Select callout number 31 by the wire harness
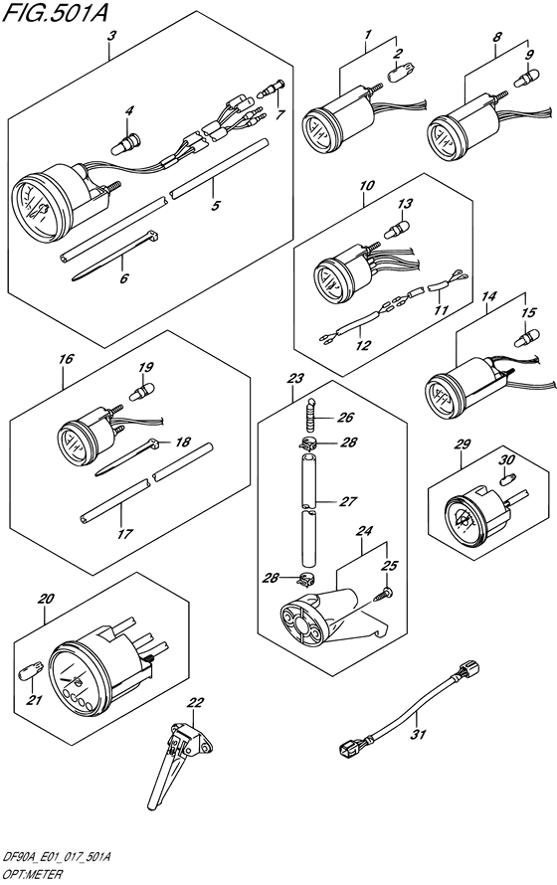click(x=418, y=735)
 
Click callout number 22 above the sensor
click(x=194, y=703)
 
